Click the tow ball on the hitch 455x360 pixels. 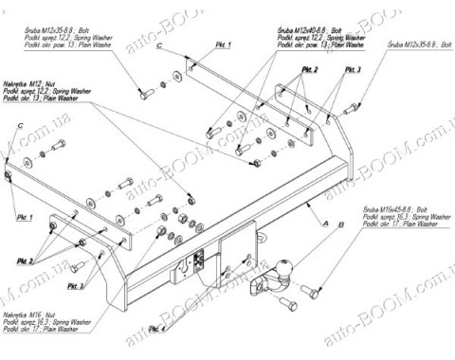283,265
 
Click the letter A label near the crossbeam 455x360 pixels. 325,224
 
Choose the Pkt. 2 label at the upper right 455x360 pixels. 310,71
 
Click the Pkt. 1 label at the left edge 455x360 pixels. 24,219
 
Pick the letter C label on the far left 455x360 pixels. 19,127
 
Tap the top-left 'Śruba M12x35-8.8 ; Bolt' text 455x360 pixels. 58,29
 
